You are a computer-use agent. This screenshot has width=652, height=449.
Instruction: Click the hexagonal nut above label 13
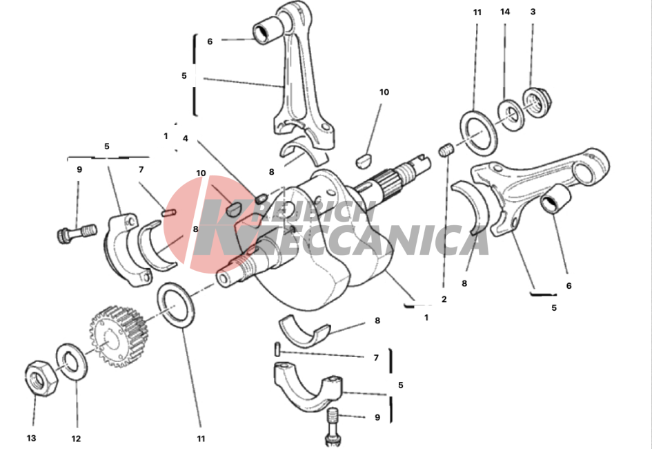(x=41, y=379)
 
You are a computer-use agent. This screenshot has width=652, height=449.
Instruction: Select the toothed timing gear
(x=119, y=336)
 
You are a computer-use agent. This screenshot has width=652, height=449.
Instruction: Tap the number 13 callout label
(x=32, y=438)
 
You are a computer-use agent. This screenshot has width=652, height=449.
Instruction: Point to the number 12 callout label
(x=76, y=439)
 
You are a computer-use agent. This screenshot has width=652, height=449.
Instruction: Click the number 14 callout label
(x=505, y=12)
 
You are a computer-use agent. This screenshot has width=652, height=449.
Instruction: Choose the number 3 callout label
(x=533, y=12)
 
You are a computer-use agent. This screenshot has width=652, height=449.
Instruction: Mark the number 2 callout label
(x=444, y=299)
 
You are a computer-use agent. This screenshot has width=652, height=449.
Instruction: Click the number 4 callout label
(x=186, y=139)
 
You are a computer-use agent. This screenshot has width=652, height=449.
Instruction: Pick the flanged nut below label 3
(x=536, y=102)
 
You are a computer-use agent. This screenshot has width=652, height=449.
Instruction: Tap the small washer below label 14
(x=511, y=115)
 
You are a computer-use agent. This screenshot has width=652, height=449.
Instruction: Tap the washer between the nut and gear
(x=72, y=361)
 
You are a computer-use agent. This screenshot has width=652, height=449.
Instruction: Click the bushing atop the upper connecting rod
(x=266, y=30)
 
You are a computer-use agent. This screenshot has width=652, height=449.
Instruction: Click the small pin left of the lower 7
(x=277, y=349)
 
